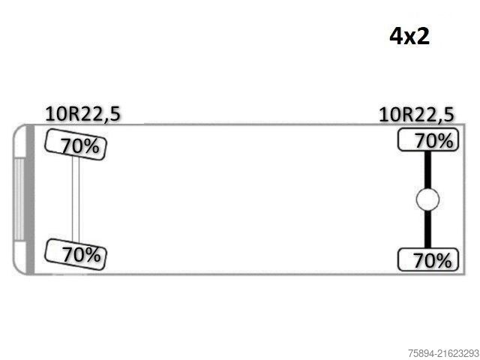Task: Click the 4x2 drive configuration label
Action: (409, 37)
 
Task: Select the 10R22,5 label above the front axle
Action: (82, 114)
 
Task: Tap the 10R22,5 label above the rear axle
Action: (416, 115)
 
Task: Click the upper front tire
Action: (76, 145)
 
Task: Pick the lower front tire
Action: (76, 254)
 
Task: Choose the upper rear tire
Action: (428, 140)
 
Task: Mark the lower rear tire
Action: (428, 259)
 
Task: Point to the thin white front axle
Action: (76, 199)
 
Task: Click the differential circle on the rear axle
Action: (427, 199)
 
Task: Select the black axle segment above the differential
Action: (427, 169)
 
